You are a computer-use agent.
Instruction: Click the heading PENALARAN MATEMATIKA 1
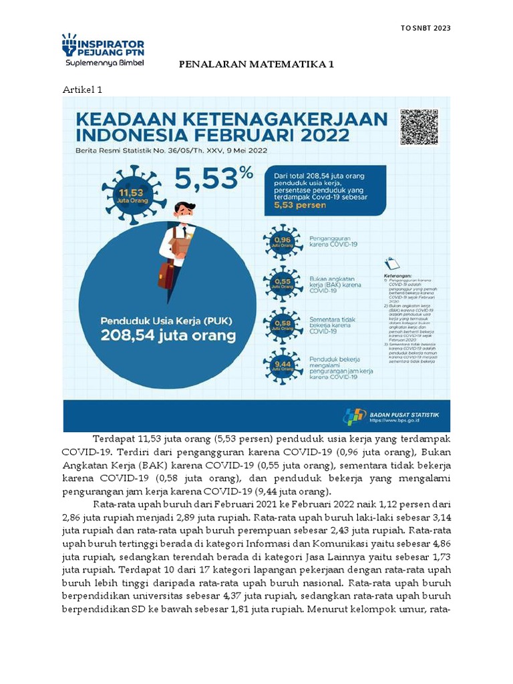(x=256, y=65)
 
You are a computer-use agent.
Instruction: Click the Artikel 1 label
(x=82, y=89)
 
